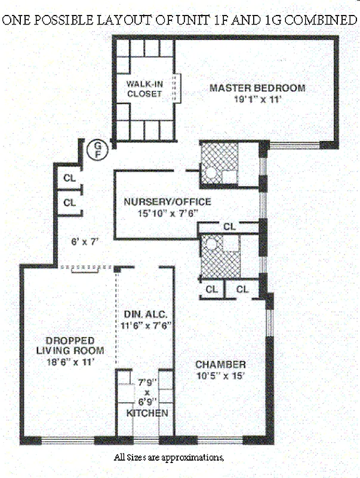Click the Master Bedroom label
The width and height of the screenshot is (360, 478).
pyautogui.click(x=257, y=88)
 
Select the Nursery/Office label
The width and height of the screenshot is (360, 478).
pyautogui.click(x=167, y=202)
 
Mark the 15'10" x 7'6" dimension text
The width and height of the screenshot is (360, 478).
pyautogui.click(x=168, y=213)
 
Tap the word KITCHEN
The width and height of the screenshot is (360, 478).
pyautogui.click(x=147, y=413)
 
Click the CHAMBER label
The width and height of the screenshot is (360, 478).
pyautogui.click(x=220, y=364)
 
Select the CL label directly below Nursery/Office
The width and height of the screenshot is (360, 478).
pyautogui.click(x=229, y=226)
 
